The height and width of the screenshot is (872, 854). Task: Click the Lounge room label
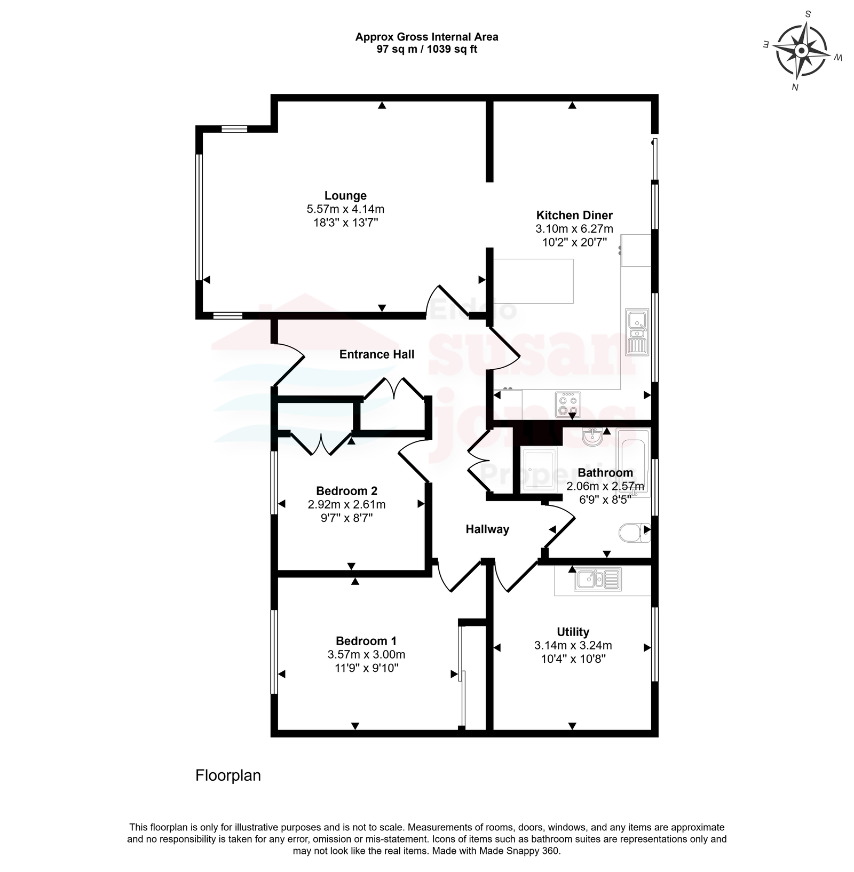345,196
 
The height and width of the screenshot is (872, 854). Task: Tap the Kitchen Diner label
574,216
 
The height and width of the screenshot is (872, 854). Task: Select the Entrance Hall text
377,354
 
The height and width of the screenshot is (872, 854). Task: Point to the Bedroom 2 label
346,491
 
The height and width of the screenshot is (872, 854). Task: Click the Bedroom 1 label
366,641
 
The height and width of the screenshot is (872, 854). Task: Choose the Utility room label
573,632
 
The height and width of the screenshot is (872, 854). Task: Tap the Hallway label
487,529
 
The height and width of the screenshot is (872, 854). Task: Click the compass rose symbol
802,51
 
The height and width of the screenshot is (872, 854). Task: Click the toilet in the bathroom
635,533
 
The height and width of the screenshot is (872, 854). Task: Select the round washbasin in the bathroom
593,437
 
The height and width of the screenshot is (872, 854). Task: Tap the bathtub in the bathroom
634,463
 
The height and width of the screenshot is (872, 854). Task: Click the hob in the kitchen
567,404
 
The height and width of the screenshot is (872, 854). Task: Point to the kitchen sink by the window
637,332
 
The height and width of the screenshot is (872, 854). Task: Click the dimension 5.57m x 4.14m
345,209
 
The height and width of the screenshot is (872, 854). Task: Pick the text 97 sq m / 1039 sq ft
427,50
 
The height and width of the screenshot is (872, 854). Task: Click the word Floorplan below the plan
228,775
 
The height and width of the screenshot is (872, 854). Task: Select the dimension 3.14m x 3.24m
573,646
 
